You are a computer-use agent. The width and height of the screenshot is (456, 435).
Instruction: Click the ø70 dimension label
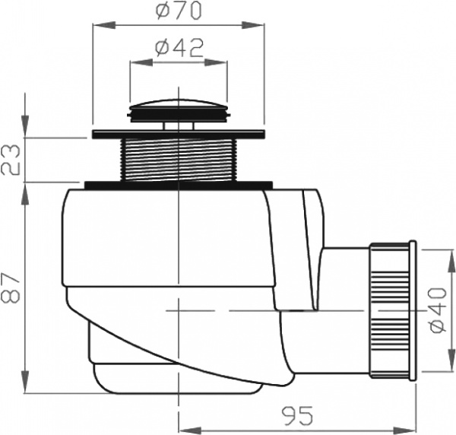click(x=179, y=12)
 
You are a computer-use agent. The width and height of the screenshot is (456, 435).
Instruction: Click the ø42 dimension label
click(x=179, y=48)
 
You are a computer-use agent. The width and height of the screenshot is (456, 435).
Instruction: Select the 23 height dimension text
click(x=11, y=160)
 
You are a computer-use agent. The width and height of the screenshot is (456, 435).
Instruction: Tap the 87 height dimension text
click(x=11, y=288)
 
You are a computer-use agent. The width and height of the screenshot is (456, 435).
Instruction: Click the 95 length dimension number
click(x=296, y=418)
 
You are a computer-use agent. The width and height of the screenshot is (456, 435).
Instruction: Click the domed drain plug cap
click(x=178, y=107)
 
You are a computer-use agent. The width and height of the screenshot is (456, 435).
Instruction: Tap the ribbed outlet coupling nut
click(x=390, y=311)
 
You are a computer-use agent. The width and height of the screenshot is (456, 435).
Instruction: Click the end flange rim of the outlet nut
click(x=412, y=311)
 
